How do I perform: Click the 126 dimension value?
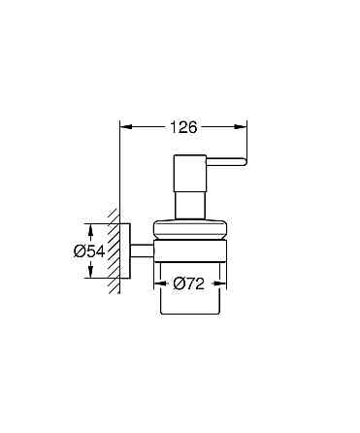coord(183,126)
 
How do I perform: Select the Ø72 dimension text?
coord(189,284)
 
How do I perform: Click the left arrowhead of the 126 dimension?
coord(122,125)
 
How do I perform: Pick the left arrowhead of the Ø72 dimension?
coord(158,284)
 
